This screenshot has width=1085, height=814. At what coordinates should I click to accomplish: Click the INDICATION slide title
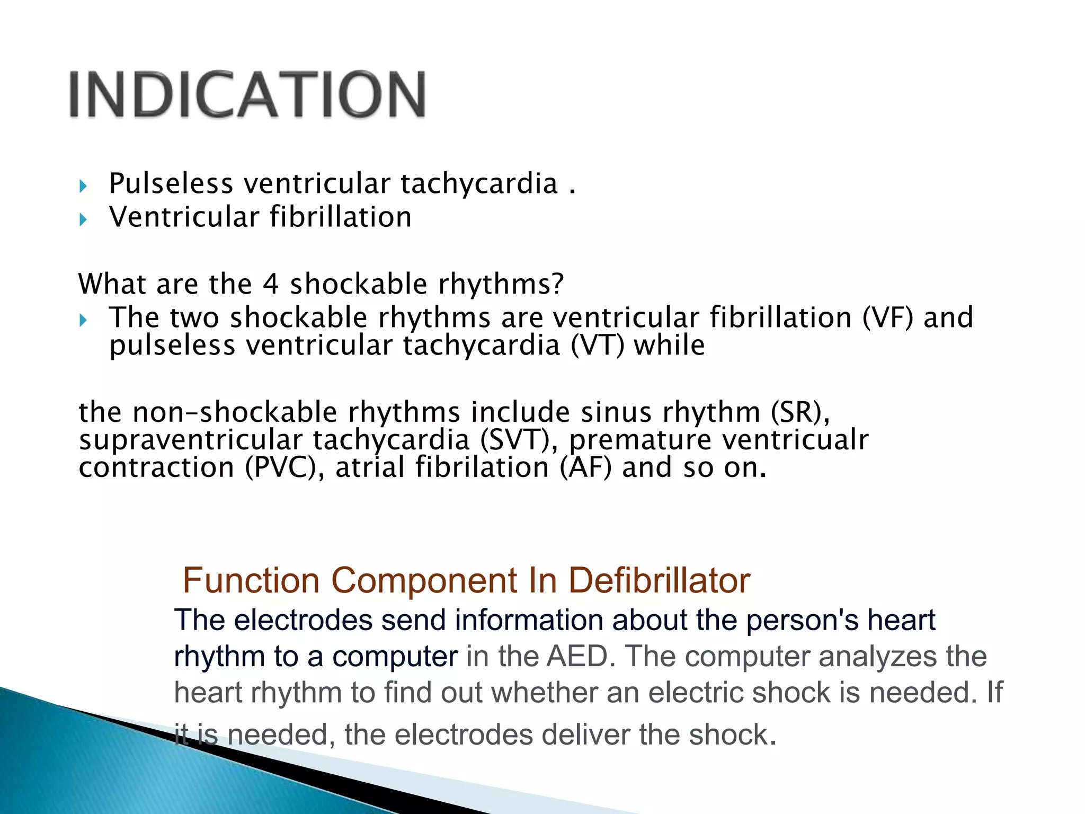247,94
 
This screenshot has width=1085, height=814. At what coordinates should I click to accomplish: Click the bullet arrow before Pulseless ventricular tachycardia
83,186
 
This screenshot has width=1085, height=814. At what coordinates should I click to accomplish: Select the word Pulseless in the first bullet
171,184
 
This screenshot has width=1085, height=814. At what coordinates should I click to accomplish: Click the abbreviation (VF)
888,317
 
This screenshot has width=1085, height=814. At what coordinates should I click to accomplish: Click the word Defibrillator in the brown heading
659,580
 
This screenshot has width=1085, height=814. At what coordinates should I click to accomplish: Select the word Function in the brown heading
251,580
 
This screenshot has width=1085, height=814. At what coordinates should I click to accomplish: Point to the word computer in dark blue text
395,656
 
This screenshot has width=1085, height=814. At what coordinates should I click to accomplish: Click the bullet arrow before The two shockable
83,320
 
